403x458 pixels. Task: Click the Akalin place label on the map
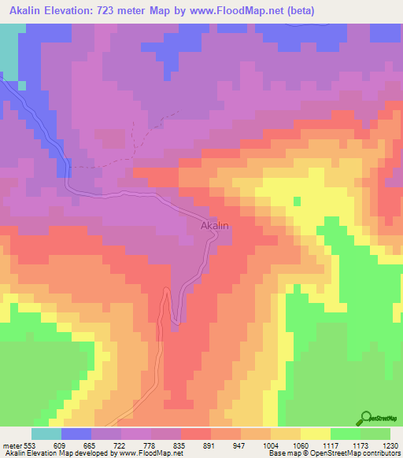click(214, 226)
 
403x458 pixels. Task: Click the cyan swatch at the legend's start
click(46, 434)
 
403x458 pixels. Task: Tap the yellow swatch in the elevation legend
click(315, 434)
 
